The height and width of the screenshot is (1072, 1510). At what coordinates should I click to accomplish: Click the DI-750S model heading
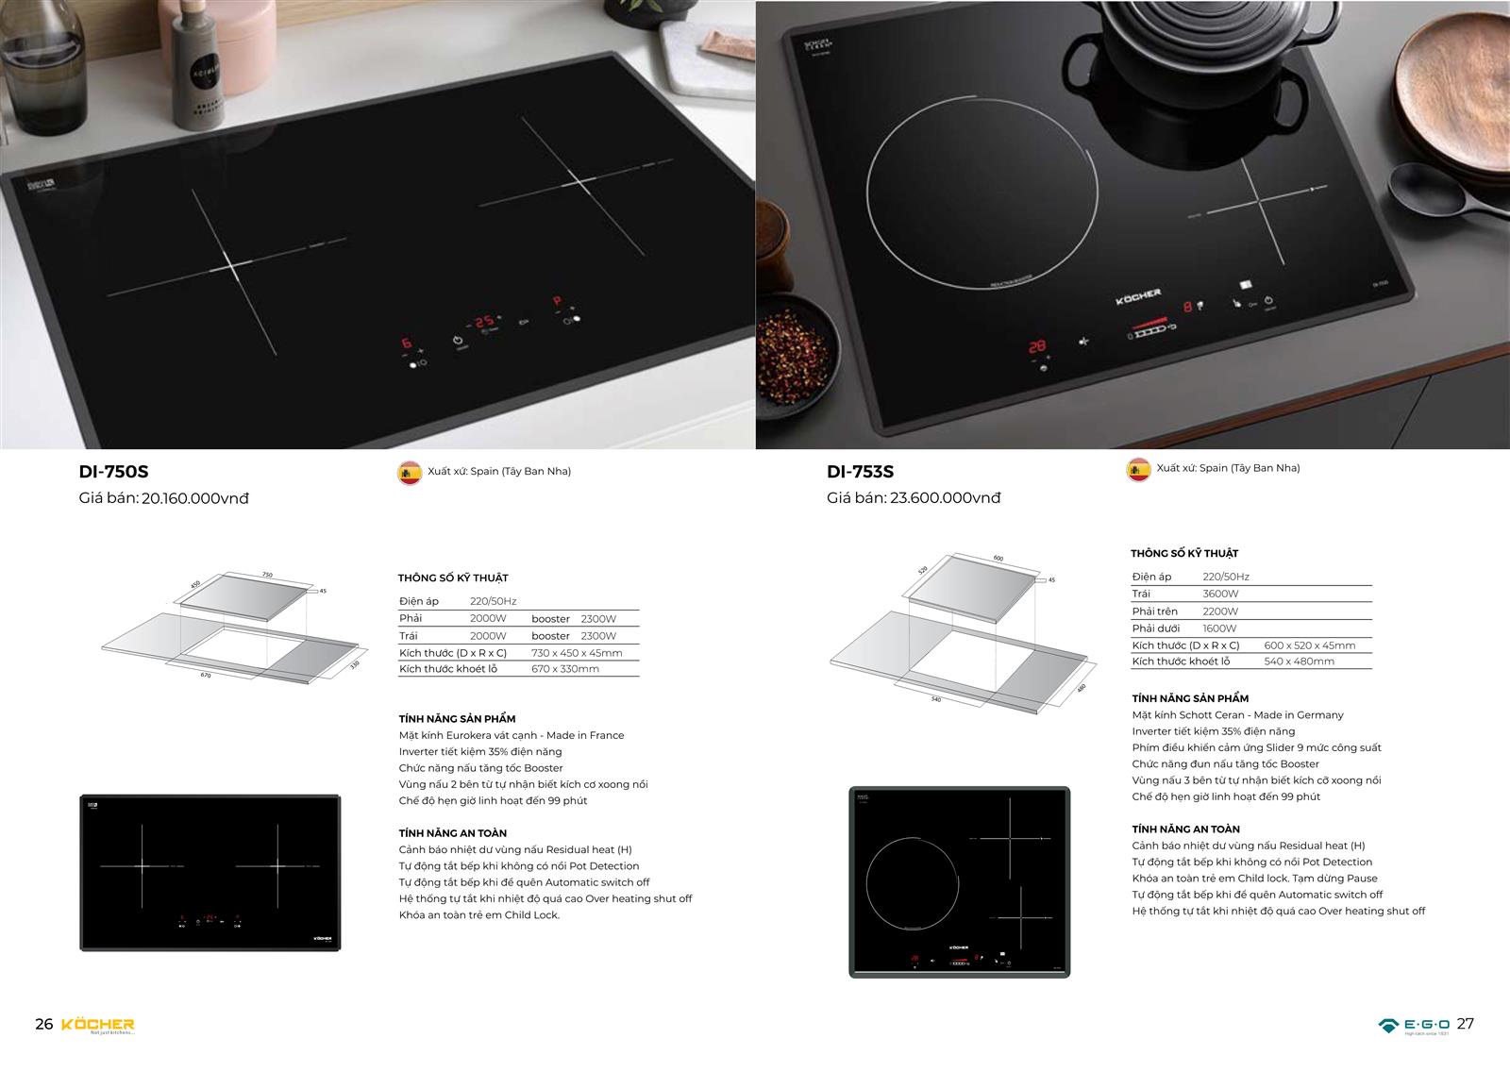pyautogui.click(x=114, y=472)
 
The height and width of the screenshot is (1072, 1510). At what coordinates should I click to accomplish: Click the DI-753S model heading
pyautogui.click(x=860, y=472)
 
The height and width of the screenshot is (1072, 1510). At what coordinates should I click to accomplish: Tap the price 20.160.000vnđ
pyautogui.click(x=194, y=498)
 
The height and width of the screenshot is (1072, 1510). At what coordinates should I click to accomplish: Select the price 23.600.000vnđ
pyautogui.click(x=945, y=498)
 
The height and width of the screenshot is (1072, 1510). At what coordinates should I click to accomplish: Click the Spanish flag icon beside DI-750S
pyautogui.click(x=410, y=472)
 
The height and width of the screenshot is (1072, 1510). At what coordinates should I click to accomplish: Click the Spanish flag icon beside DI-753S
pyautogui.click(x=1139, y=469)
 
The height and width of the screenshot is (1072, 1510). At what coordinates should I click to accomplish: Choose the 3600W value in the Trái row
pyautogui.click(x=1220, y=595)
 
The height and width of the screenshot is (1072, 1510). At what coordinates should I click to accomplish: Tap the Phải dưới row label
pyautogui.click(x=1156, y=628)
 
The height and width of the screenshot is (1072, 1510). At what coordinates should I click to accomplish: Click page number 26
pyautogui.click(x=43, y=1025)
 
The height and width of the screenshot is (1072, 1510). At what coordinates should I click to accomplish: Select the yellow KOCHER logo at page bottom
pyautogui.click(x=98, y=1025)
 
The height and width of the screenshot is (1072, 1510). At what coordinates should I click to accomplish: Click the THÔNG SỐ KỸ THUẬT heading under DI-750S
pyautogui.click(x=453, y=578)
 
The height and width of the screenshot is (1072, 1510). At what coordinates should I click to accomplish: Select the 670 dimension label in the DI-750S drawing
pyautogui.click(x=205, y=676)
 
